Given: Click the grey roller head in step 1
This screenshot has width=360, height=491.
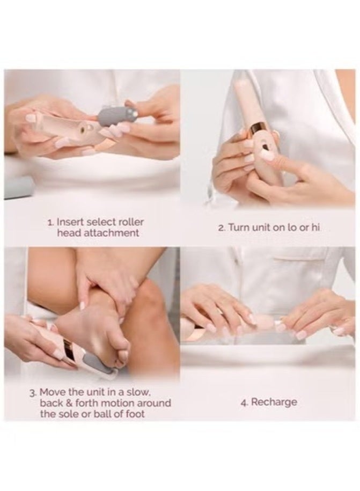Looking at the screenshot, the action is [115, 118].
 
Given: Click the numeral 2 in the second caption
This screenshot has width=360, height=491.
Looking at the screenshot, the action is [221, 228].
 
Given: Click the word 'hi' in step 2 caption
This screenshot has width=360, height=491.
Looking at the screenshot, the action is [315, 228].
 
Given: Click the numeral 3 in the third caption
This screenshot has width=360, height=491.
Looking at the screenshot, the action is [33, 393].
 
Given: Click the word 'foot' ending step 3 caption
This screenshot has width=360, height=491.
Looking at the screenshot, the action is [135, 414].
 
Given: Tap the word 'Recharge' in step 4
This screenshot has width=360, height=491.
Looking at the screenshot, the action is [274, 402].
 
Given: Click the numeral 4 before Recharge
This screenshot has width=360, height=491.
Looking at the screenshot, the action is [244, 402].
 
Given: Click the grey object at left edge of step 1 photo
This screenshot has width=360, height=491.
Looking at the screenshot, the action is [18, 187].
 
